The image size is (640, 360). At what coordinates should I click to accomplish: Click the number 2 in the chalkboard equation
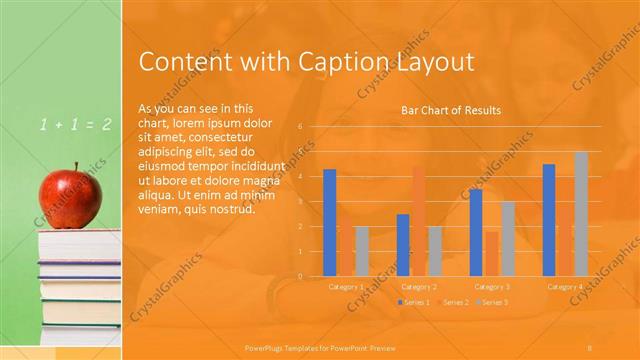pyautogui.click(x=106, y=124)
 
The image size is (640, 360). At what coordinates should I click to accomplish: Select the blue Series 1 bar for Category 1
pyautogui.click(x=329, y=222)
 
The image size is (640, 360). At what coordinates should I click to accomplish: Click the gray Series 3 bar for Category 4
pyautogui.click(x=582, y=213)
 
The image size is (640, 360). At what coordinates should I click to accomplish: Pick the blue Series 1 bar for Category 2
pyautogui.click(x=402, y=245)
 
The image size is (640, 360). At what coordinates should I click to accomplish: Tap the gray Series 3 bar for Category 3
pyautogui.click(x=508, y=238)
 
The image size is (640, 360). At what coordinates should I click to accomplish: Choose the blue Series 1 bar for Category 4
pyautogui.click(x=549, y=220)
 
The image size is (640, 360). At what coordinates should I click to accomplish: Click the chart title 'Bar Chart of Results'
pyautogui.click(x=451, y=110)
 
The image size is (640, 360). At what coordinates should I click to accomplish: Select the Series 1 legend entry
pyautogui.click(x=413, y=302)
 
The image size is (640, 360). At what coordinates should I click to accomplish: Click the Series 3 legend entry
pyautogui.click(x=491, y=302)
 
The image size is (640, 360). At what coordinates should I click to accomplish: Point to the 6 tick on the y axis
pyautogui.click(x=300, y=127)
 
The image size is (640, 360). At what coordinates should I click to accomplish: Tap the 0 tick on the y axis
pyautogui.click(x=300, y=276)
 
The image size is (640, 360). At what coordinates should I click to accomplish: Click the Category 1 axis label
pyautogui.click(x=346, y=287)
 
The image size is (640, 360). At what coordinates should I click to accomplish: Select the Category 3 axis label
pyautogui.click(x=492, y=287)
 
